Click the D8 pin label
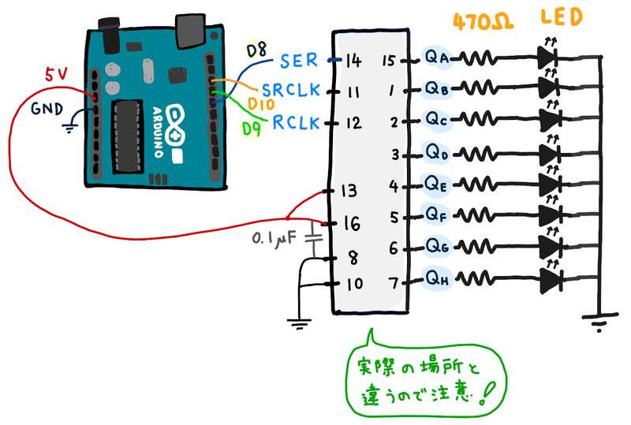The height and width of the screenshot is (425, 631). pos(257,51)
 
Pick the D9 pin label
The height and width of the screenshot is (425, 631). pos(252,128)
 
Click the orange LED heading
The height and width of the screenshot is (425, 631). pos(563,17)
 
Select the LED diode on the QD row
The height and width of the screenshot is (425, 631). pos(550,152)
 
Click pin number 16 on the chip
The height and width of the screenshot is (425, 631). pos(349,224)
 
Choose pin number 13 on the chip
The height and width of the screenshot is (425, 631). pos(349,191)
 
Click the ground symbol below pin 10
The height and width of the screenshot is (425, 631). pos(297,321)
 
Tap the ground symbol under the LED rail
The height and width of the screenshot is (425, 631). pos(599,321)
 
